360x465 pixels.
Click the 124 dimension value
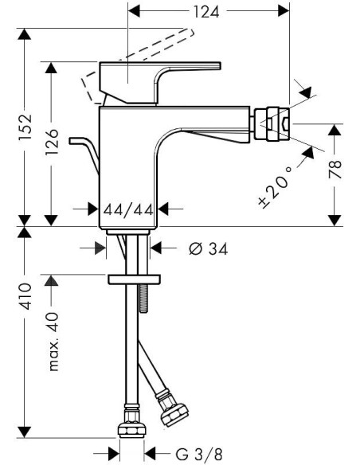[206, 12]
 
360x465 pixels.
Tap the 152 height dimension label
[25, 127]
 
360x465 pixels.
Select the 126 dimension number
[52, 142]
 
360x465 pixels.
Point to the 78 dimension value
[335, 170]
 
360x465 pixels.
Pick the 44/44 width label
[128, 210]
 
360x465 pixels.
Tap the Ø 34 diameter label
[208, 248]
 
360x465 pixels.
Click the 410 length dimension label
[25, 296]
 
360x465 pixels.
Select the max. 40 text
[54, 342]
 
